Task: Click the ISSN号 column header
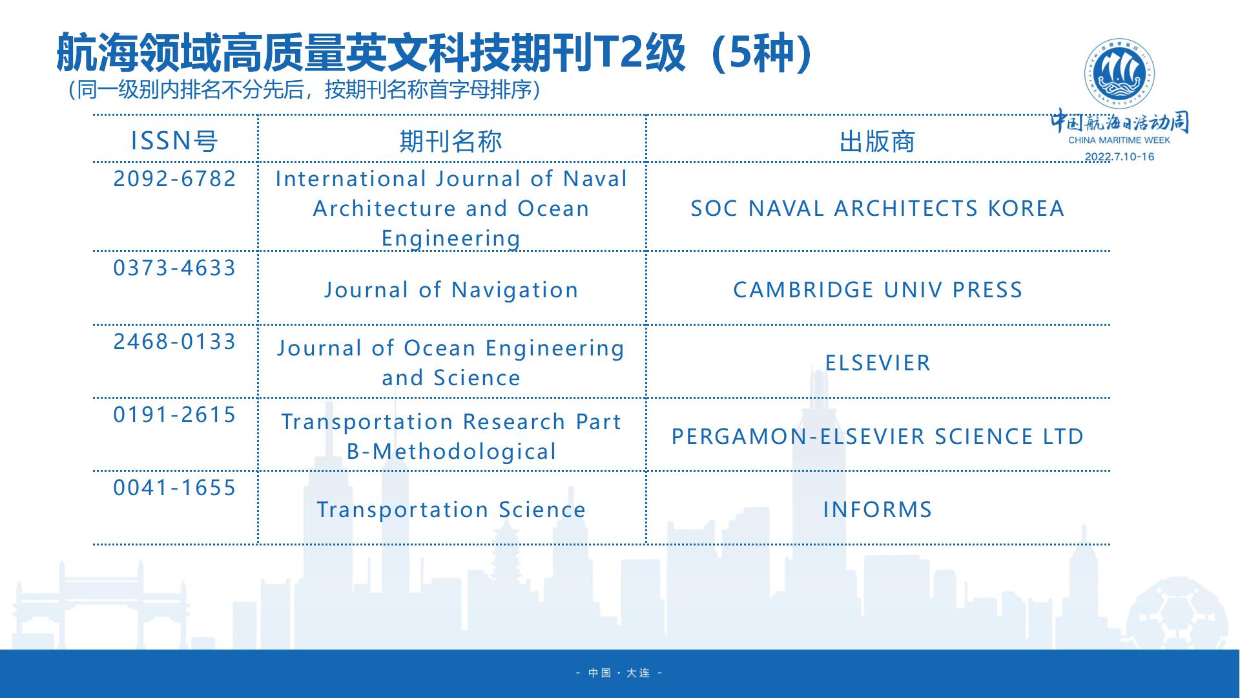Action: (174, 141)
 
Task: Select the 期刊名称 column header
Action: (451, 141)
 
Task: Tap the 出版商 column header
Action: (877, 142)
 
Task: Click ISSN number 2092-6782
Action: (175, 178)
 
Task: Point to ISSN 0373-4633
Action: (175, 268)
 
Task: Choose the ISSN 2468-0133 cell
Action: (175, 341)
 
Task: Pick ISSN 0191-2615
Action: (175, 414)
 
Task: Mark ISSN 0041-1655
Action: (175, 487)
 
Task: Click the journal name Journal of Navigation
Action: (451, 290)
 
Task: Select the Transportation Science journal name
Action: (451, 509)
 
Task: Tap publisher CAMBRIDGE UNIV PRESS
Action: (878, 290)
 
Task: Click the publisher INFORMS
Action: (878, 509)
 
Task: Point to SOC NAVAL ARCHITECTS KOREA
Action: (878, 208)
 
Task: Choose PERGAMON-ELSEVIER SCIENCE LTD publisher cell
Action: (878, 436)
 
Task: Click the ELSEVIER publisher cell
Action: (878, 363)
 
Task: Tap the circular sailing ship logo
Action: (1119, 74)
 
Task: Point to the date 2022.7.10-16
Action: (1119, 156)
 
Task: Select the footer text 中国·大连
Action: (619, 673)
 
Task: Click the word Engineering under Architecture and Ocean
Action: (451, 238)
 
